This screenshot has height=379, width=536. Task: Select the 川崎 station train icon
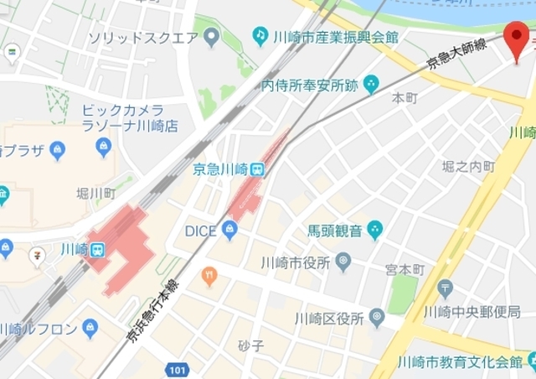pos(98,250)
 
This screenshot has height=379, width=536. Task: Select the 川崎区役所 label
pos(329,319)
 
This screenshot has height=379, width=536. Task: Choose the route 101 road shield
pos(177,369)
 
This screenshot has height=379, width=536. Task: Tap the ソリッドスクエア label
pos(143,38)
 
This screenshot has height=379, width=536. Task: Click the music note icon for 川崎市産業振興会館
pos(260,37)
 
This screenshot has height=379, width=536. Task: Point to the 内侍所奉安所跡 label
pos(310,85)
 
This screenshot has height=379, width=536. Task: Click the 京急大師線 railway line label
pos(457,53)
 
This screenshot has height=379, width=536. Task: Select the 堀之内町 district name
pos(469,167)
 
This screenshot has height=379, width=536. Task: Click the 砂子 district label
pos(250,345)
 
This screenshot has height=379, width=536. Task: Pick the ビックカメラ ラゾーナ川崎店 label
pos(130,118)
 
